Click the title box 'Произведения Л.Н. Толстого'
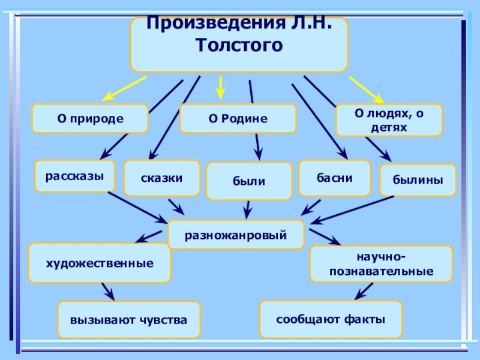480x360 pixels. [x=239, y=44]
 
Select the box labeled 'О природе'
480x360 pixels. [x=90, y=118]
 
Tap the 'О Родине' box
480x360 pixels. [x=238, y=118]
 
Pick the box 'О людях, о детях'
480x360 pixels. [x=389, y=120]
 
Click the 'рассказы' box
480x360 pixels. [x=74, y=176]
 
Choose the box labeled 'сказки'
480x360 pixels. [x=162, y=178]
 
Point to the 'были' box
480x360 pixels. [x=249, y=181]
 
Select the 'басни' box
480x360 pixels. [x=335, y=178]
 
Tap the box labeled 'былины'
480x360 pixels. [x=418, y=179]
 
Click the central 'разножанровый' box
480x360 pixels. [x=236, y=235]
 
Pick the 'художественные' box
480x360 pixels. [x=100, y=263]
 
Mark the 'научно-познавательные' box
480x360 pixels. [x=382, y=264]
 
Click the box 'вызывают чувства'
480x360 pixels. [x=129, y=320]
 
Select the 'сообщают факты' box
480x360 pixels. [x=331, y=319]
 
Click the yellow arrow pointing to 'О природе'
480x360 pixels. [x=124, y=88]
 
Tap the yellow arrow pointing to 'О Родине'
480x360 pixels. [x=220, y=88]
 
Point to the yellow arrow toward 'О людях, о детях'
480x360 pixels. [x=367, y=90]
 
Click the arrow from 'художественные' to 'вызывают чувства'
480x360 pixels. [x=108, y=292]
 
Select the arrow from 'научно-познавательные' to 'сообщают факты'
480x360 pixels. [x=364, y=291]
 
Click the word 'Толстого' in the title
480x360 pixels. [x=239, y=44]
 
